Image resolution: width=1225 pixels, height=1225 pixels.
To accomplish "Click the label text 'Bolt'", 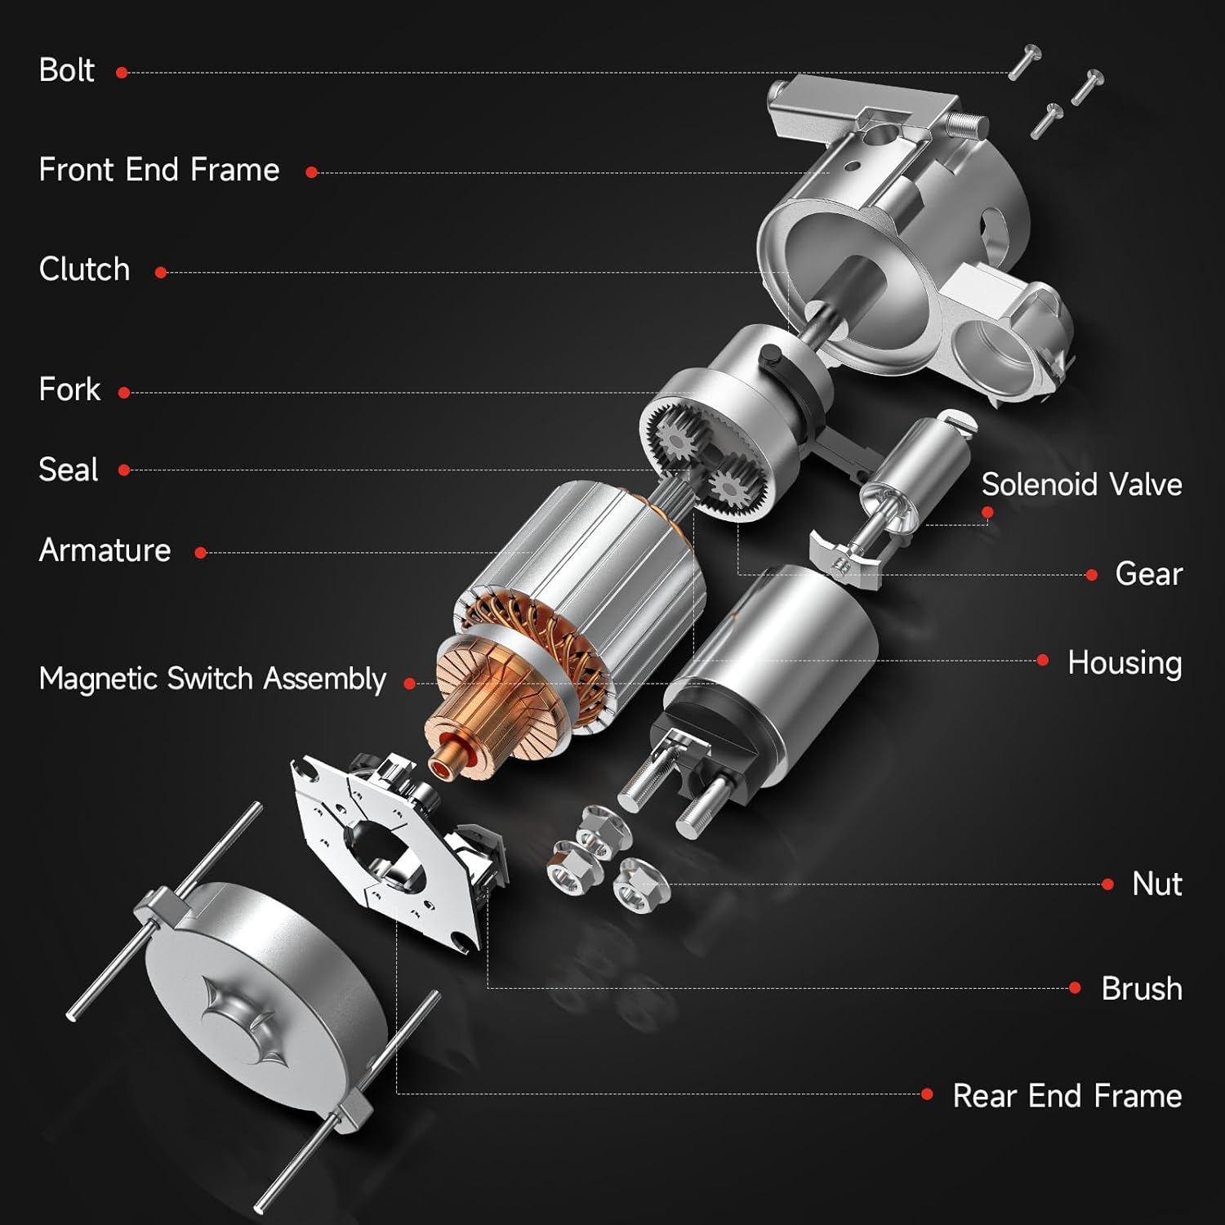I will [67, 70].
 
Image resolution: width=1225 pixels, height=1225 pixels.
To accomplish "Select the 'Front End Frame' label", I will [159, 170].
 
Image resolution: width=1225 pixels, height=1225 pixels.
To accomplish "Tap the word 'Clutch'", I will [84, 269].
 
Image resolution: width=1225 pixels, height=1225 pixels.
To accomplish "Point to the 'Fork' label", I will [69, 390].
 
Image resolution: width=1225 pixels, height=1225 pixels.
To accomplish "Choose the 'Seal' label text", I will [69, 470].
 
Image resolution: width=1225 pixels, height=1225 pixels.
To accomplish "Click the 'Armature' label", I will [105, 550].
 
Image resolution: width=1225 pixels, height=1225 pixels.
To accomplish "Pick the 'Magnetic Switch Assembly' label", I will [212, 679].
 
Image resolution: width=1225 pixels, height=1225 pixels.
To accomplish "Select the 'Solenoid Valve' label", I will [1081, 484].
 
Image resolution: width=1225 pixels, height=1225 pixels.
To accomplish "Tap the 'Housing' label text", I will [1124, 662].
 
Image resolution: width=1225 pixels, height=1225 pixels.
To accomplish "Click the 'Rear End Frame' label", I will [1067, 1095].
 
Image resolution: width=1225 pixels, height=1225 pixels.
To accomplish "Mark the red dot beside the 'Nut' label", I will [1107, 884].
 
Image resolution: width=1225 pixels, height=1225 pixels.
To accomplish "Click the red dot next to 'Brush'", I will [1075, 988].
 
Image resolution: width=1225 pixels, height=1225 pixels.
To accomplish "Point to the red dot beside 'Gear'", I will [1091, 575].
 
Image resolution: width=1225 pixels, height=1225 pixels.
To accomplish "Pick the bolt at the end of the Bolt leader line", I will [1024, 61].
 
